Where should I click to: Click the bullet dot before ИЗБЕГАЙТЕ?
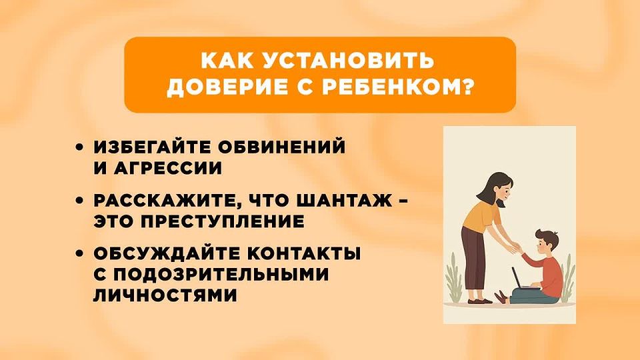click(x=81, y=148)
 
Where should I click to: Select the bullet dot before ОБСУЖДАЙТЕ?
click(x=81, y=255)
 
